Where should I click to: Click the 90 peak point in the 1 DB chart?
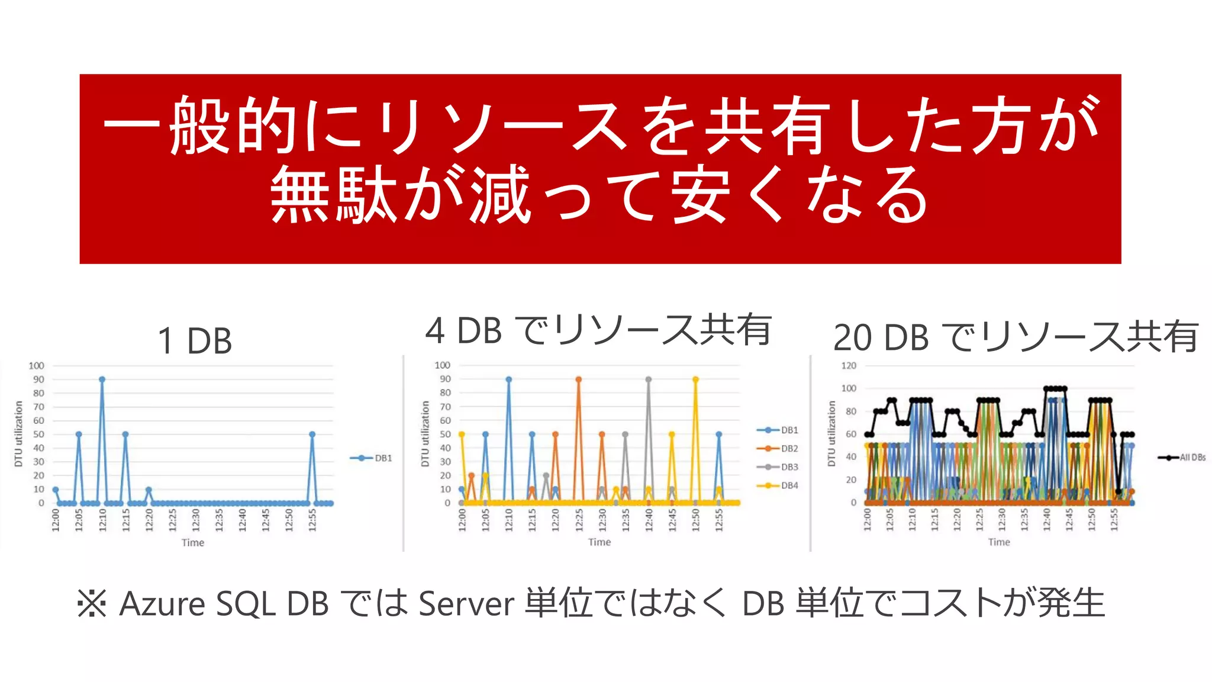(102, 379)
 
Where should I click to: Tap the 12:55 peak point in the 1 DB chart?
(312, 435)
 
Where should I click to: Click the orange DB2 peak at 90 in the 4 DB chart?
(578, 379)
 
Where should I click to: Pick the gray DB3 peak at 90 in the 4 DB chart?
(649, 379)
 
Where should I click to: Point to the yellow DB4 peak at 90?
(695, 379)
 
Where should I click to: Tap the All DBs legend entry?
(1182, 458)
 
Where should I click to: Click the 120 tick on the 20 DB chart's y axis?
(849, 366)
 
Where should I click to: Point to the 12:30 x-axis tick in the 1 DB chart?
(196, 520)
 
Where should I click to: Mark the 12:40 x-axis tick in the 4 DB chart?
(649, 520)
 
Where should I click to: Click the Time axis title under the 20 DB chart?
(999, 542)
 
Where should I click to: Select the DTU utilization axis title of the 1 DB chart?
(19, 434)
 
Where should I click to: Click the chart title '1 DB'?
(195, 341)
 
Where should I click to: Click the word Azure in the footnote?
(162, 604)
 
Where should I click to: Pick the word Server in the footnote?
(466, 604)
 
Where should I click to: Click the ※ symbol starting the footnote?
(92, 604)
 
